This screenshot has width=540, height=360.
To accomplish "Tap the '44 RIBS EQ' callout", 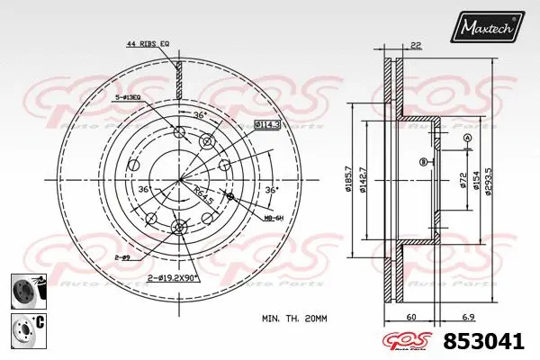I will click(x=149, y=43).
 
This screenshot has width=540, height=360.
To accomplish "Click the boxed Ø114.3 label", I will click(x=265, y=123).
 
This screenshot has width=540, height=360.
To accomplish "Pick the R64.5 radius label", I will click(x=203, y=191).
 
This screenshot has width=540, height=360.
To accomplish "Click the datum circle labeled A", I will click(x=467, y=137).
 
